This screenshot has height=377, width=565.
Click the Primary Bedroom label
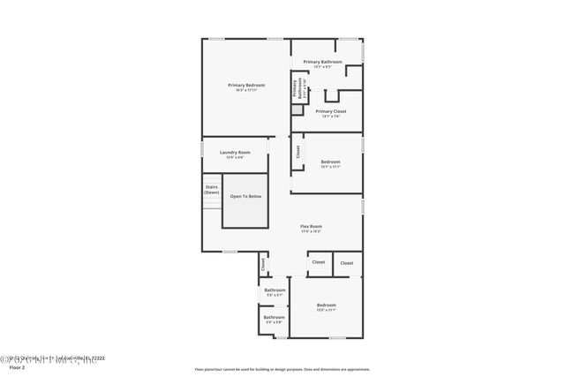coord(246,85)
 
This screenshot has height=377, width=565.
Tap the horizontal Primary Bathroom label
coord(322,62)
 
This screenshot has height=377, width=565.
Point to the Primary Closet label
coord(330,111)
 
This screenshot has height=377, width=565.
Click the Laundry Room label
coord(235,152)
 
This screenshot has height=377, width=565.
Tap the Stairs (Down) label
coord(212,190)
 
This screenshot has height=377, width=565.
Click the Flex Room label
coord(311,226)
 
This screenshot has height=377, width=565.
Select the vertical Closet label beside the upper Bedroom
coord(298,151)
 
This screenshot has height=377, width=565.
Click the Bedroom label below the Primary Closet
coord(330,162)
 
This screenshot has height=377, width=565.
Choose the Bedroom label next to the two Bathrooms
coord(327,305)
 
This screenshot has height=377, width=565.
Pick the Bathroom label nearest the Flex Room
coord(275,290)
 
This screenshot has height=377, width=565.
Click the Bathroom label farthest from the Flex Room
coord(275,317)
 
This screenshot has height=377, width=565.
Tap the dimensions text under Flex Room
coord(311,231)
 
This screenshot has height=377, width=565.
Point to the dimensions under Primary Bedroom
coord(246,90)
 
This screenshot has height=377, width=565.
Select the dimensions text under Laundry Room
coord(235,157)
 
